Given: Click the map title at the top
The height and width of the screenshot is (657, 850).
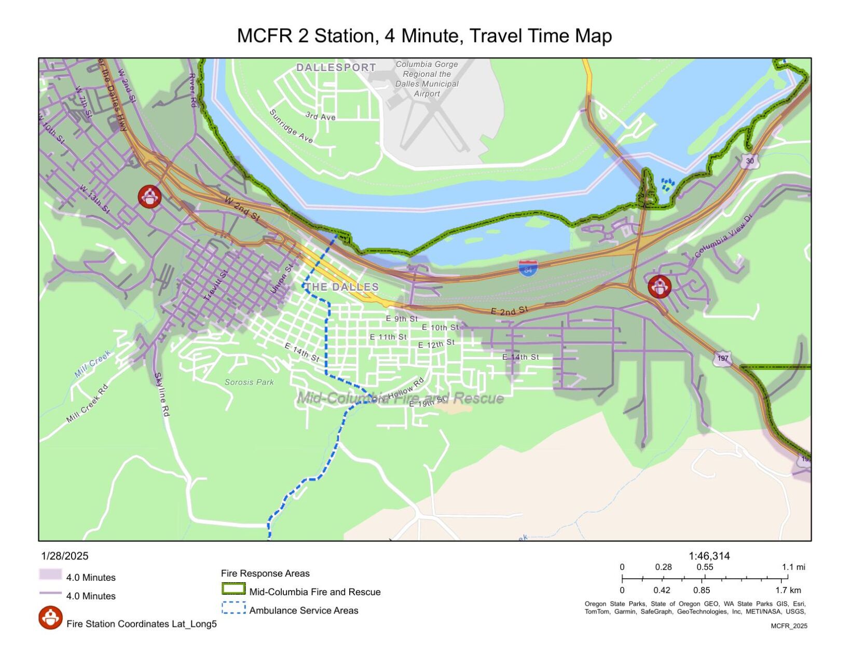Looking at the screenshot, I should (x=424, y=36).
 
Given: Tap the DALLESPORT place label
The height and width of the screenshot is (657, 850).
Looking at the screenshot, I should (x=336, y=67).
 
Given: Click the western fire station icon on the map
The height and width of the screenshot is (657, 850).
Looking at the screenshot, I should (x=149, y=197).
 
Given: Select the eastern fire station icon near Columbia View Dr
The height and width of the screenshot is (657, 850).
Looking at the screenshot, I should (x=659, y=287).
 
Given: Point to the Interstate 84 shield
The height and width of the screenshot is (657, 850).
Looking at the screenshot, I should (x=528, y=269).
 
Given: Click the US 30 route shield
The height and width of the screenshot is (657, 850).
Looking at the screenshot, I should (x=749, y=161).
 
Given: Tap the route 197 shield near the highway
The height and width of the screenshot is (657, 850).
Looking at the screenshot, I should (x=722, y=358).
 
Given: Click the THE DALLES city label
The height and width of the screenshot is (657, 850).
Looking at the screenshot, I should (x=341, y=287).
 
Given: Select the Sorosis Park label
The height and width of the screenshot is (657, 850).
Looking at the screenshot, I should (x=249, y=382).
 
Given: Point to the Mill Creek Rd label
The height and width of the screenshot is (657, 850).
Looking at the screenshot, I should (x=87, y=404).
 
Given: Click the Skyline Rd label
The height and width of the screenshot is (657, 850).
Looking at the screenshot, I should (x=162, y=394).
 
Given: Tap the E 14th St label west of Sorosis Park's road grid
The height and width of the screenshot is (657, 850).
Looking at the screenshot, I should (x=301, y=352).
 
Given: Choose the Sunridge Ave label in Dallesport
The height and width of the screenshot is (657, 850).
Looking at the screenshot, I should (x=291, y=126).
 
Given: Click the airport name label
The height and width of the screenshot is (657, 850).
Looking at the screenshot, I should (x=427, y=79).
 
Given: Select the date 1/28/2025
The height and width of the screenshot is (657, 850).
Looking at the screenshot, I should (x=65, y=556).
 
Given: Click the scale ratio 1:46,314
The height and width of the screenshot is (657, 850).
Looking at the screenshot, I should (x=709, y=556).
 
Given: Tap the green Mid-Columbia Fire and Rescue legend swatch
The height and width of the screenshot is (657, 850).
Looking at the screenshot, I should (x=234, y=589).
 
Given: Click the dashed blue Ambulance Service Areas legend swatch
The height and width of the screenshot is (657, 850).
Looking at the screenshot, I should (x=234, y=608).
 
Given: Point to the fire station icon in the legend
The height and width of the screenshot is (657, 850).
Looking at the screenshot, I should (x=50, y=618).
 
